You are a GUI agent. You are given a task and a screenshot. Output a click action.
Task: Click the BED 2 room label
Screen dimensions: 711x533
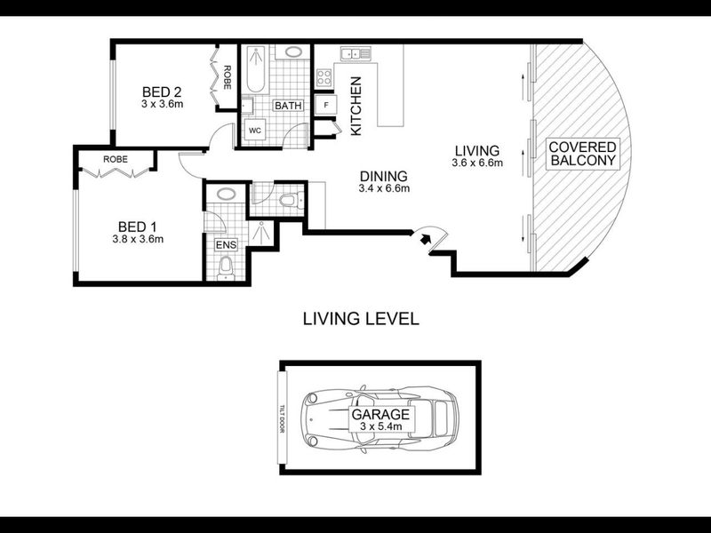coord(162,92)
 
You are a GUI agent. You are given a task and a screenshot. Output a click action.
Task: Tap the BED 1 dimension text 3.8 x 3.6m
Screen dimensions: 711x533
coord(138,239)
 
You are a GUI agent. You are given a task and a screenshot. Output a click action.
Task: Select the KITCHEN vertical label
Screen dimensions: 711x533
coord(356,106)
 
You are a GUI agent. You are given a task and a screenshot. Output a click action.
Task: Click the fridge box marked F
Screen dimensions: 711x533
coord(325,105)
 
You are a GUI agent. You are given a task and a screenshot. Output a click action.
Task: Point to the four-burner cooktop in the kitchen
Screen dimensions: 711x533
coord(324,77)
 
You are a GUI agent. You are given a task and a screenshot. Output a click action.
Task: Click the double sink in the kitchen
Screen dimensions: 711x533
coord(356,54)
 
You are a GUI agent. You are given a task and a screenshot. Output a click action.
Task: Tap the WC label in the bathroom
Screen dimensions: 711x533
coord(255,131)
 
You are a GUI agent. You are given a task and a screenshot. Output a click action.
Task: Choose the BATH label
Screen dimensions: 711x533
coord(288,106)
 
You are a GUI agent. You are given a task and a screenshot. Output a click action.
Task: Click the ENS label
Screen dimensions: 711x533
coord(226,245)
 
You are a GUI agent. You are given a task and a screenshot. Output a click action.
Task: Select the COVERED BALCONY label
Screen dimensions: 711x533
coord(582,154)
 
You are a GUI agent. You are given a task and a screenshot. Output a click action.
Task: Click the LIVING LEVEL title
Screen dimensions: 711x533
coord(361,319)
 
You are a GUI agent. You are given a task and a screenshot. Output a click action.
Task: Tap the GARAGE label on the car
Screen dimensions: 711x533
coord(380,414)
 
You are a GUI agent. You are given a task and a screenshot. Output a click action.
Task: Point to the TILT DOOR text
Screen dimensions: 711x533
coord(282,418)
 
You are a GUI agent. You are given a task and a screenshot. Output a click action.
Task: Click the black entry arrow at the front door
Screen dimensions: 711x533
coord(425,238)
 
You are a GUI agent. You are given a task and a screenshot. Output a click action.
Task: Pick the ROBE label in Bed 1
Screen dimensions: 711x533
coord(116,160)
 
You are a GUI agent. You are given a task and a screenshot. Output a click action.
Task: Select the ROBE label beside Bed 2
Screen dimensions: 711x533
coord(228,77)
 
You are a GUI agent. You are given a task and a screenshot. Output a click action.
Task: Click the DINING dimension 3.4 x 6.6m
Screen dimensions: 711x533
coord(384,188)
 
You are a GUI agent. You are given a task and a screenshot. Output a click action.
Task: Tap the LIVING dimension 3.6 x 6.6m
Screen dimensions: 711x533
coord(477,163)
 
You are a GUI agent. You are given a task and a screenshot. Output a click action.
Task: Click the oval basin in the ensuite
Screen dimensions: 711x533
coord(226,195)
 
